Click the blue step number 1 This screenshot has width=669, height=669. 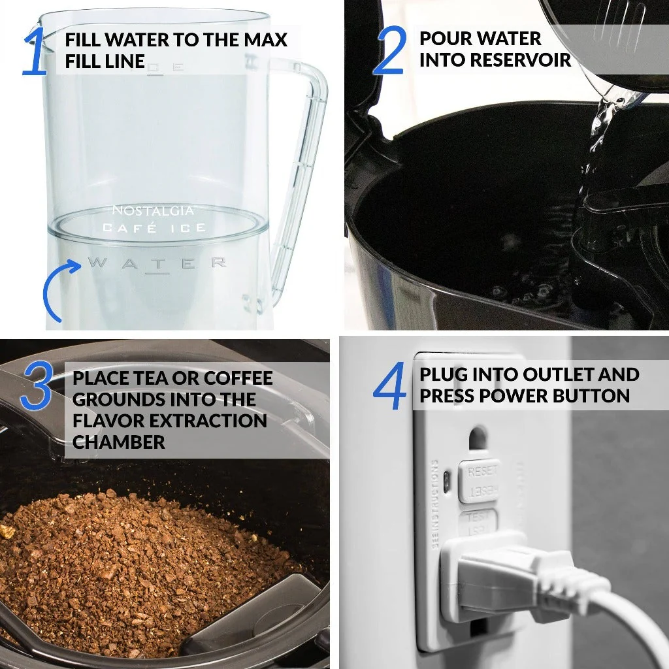tap(34, 51)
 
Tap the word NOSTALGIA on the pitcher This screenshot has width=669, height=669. tap(152, 210)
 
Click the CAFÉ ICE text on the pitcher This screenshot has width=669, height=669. tap(154, 227)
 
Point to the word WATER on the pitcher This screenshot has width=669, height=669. tap(157, 263)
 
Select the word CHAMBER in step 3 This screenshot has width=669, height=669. tap(119, 442)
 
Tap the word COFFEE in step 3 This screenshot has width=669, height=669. tap(238, 378)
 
